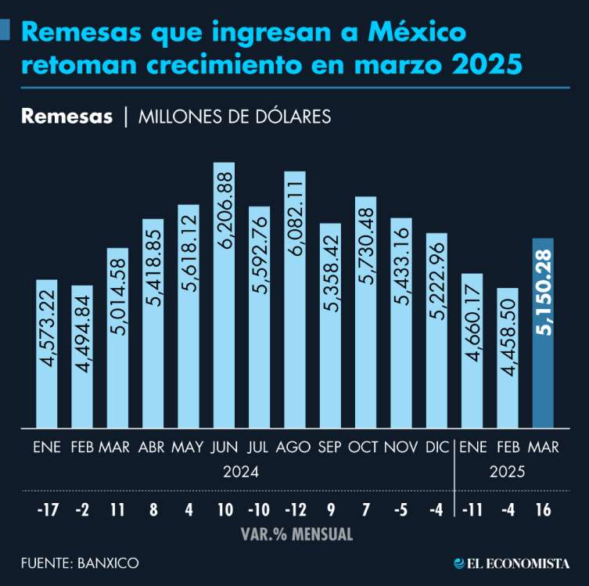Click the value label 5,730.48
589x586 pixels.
point(366,251)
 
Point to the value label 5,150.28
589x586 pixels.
point(543,290)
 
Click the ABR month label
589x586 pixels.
point(152,448)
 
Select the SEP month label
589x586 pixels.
point(329,448)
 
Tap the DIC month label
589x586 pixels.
point(436,448)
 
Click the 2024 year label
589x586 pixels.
point(241,472)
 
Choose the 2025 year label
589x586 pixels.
point(507,472)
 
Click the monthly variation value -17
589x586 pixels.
point(47,510)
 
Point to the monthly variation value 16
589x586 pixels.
point(543,510)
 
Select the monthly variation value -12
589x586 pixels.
point(294,510)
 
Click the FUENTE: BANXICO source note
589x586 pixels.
point(81,563)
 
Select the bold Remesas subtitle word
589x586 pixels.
point(67,117)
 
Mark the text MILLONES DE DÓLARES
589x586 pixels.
point(234,117)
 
